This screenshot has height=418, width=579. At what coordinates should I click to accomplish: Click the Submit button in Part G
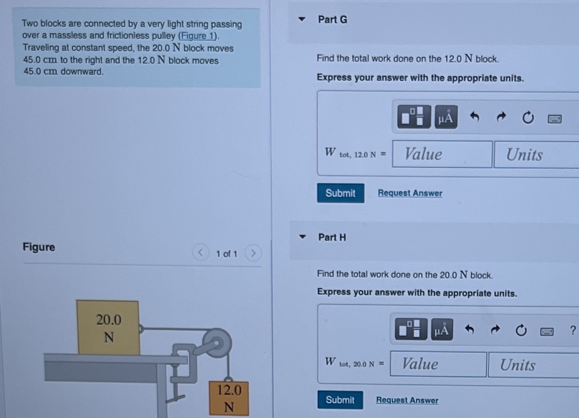click(340, 193)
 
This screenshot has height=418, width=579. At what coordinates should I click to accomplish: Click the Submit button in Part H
click(340, 400)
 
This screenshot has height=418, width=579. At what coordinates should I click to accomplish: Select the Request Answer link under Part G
click(410, 193)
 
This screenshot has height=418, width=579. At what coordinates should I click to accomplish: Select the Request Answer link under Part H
click(407, 400)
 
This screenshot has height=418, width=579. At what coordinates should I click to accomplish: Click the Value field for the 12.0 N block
click(442, 155)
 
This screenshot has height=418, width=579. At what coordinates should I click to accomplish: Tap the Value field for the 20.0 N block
click(438, 365)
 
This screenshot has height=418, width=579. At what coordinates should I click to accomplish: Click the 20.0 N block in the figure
click(108, 328)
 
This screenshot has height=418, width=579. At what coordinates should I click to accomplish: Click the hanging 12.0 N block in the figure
click(229, 398)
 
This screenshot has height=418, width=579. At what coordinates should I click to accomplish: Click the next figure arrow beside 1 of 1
click(253, 254)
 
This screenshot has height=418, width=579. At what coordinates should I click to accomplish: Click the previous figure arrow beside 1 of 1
click(200, 254)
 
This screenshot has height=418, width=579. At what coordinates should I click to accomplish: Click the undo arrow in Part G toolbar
click(475, 118)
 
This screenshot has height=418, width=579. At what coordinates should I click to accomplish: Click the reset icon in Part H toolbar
click(521, 330)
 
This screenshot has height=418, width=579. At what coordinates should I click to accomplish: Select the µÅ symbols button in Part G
click(445, 118)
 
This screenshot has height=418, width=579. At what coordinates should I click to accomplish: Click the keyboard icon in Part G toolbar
click(554, 118)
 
